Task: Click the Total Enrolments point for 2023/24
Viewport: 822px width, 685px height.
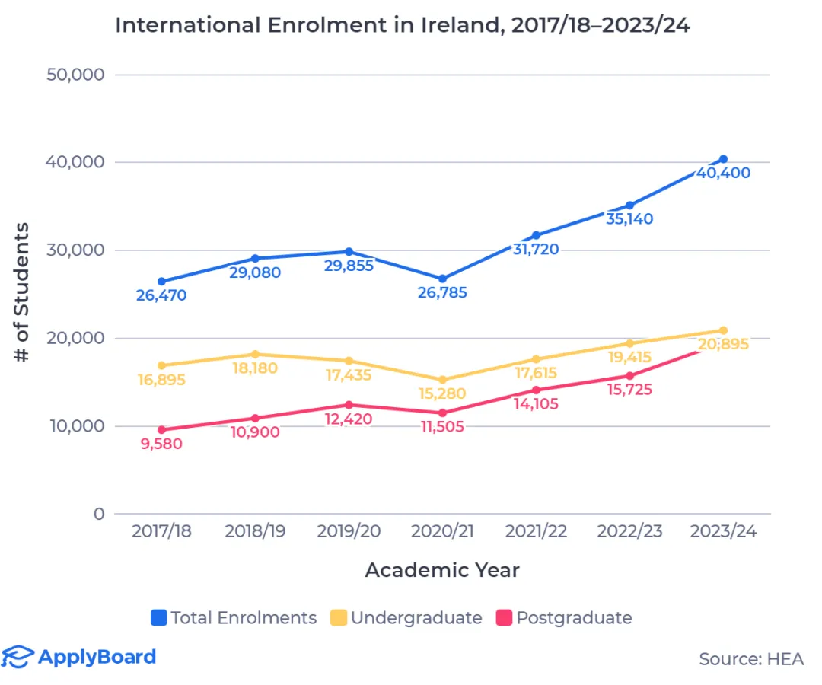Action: pos(723,159)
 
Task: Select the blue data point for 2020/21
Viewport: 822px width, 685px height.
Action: pos(442,279)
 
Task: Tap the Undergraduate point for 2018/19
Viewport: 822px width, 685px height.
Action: pos(255,354)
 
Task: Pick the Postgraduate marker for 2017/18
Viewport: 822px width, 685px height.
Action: pos(161,430)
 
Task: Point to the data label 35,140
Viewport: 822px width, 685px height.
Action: pos(629,220)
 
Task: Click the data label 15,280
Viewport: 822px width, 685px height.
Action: pos(441,394)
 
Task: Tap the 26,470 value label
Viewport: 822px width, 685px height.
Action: pos(161,295)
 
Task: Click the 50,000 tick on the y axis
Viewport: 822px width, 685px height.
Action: pos(76,75)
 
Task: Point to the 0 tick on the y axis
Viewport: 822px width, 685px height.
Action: pos(98,514)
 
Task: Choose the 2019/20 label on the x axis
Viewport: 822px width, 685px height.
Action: pos(348,532)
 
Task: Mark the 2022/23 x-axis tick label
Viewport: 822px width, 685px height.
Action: pos(629,532)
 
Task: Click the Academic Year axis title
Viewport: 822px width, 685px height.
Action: pos(442,570)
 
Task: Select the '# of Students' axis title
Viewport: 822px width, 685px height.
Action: pos(23,293)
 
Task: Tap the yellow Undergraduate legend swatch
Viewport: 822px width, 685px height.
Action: pos(339,618)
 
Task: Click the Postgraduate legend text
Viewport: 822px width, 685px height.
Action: pos(574,618)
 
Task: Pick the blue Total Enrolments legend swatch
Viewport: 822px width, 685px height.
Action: pos(159,618)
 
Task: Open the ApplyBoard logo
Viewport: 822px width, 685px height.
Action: pos(79,657)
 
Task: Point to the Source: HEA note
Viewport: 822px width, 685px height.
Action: pos(750,659)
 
